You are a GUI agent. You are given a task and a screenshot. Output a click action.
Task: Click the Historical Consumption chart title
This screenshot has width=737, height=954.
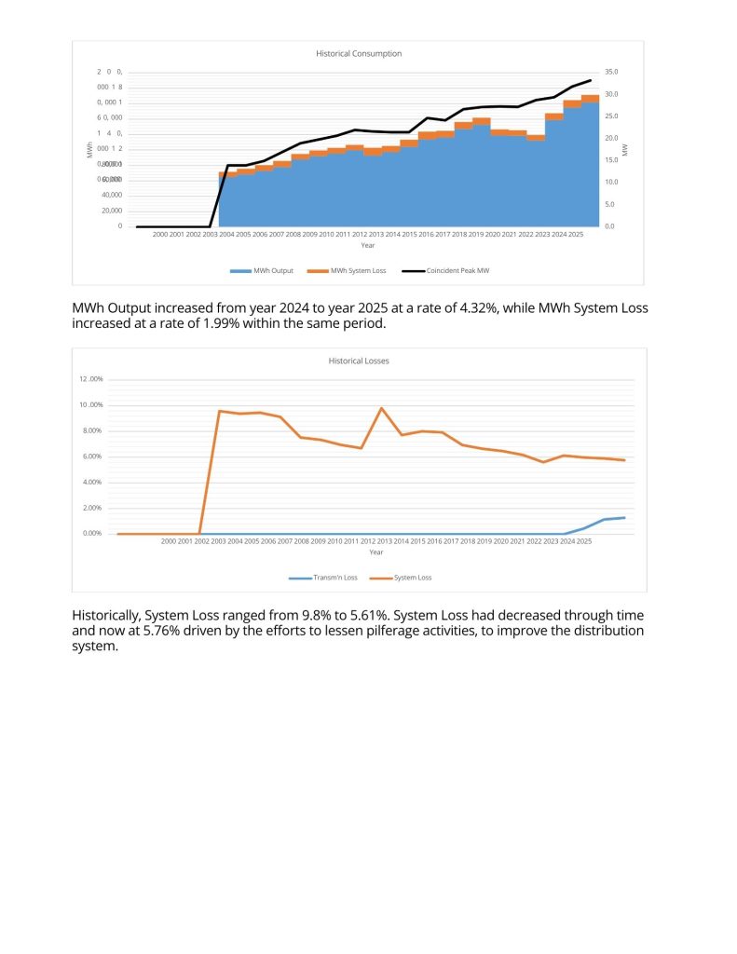[x=359, y=54]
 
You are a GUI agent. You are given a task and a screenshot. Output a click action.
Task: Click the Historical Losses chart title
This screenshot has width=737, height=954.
[x=359, y=361]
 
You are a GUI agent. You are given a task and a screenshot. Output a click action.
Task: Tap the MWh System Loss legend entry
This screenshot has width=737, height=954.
[x=339, y=271]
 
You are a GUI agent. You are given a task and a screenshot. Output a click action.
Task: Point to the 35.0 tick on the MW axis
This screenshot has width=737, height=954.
[x=611, y=72]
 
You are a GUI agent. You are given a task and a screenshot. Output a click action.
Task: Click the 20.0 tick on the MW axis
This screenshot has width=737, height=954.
[x=611, y=138]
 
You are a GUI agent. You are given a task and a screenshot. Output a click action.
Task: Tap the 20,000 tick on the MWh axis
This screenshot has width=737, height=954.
[x=111, y=211]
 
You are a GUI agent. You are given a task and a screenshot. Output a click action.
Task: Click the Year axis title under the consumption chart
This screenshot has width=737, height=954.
[x=368, y=246]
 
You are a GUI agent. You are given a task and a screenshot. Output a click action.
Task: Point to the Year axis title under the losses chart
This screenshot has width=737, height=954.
[x=375, y=552]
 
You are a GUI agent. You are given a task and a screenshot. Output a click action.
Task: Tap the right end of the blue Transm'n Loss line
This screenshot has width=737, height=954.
[x=624, y=517]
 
